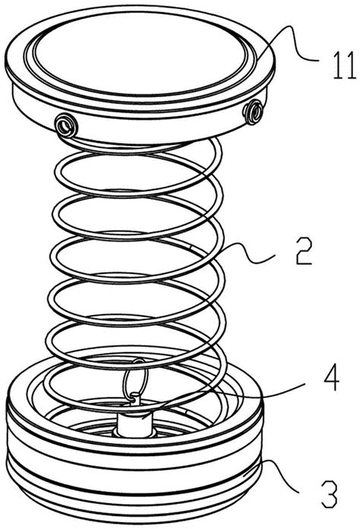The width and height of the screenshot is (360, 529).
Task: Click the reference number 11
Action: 345,66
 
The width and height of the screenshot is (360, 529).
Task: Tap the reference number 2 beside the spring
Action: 304,250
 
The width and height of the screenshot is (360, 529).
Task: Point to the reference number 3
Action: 330,494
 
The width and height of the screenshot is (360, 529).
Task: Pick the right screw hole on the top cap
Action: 254,112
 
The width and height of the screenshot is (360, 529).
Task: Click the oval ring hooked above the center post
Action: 135,378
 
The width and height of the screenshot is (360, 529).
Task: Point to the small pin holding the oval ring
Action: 137,398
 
